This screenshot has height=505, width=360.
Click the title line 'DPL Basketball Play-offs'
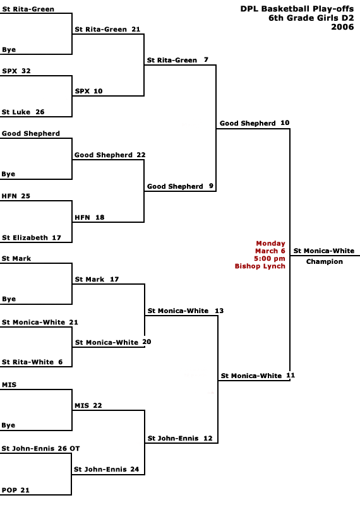297,9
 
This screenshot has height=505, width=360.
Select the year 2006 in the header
342,27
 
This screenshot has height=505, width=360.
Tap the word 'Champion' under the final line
324,261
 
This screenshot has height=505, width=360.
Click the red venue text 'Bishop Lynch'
260,266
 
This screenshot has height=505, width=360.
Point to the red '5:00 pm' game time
270,259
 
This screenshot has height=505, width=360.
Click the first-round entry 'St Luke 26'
23,112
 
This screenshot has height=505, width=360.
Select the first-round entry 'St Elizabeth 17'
31,238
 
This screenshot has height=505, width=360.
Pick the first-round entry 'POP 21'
15,490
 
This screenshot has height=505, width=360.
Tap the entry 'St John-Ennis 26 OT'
40,448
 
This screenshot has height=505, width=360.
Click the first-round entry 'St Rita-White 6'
32,362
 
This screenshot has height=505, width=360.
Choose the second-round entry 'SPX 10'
88,91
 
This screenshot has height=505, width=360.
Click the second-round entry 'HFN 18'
90,217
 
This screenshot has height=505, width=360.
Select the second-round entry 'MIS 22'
88,405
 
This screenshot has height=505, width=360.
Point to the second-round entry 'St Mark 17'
97,279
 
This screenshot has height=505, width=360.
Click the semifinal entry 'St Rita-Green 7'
177,60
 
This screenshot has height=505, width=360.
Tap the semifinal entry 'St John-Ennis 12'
180,438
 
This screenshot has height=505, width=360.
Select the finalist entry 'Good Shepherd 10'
255,123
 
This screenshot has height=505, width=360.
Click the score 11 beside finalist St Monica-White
291,375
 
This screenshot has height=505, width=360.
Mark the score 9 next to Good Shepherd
211,186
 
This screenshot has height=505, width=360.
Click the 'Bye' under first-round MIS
8,425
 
